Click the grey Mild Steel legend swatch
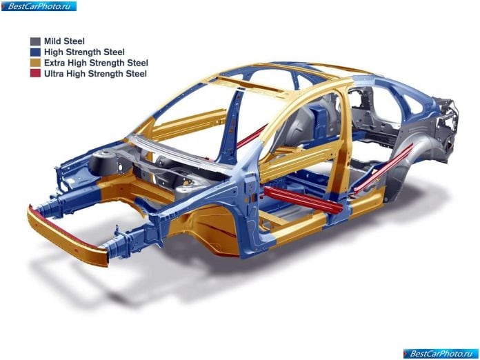pos(35,41)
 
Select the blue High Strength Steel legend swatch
pos(35,52)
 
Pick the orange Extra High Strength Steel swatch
pos(35,63)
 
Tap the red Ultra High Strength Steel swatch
pos(35,74)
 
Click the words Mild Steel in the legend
pos(64,41)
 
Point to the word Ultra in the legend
pos(54,74)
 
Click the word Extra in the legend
pos(54,63)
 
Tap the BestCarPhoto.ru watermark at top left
pos(39,6)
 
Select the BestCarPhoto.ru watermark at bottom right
pos(441,354)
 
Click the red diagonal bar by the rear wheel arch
pos(384,167)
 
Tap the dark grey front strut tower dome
pos(103,162)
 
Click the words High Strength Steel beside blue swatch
pos(84,52)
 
